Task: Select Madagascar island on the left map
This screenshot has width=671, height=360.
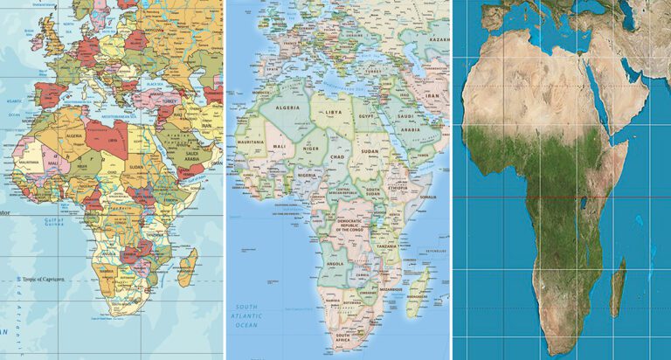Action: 187,266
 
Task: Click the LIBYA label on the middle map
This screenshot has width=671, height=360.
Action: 332,112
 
